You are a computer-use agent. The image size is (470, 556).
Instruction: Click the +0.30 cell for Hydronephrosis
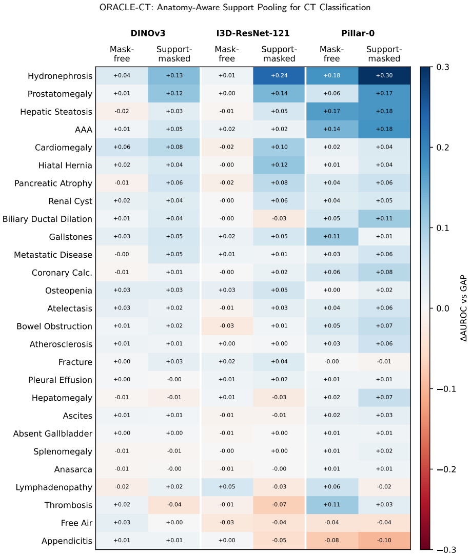pos(384,75)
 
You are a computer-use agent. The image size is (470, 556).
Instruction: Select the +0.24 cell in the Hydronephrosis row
pos(279,75)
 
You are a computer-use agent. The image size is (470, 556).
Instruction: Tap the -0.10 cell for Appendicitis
pos(384,541)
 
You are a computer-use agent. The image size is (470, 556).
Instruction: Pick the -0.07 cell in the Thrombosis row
pos(279,505)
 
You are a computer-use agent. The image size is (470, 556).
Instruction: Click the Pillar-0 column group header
pos(358,33)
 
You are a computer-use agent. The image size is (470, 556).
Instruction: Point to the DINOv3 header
pos(148,33)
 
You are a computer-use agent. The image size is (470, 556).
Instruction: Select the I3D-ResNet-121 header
pos(253,33)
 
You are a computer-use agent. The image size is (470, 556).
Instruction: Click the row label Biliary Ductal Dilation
pos(47,219)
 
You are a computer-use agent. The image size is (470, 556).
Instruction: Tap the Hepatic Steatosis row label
pos(56,112)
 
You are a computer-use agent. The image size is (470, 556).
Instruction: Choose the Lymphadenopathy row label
pos(54,487)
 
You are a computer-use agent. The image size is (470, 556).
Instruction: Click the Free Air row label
pos(76,523)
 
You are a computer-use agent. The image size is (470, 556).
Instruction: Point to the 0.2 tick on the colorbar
pos(443,148)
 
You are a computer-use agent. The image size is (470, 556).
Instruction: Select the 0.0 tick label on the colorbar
pos(443,308)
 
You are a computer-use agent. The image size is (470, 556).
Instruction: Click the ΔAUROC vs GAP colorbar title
pos(464,308)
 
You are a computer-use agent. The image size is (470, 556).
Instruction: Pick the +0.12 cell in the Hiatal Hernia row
pos(279,165)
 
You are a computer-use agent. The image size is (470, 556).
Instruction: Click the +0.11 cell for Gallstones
pos(331,237)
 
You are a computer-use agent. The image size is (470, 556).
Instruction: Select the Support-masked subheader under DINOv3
pos(174,54)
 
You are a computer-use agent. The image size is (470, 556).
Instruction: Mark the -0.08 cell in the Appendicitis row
pos(331,541)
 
